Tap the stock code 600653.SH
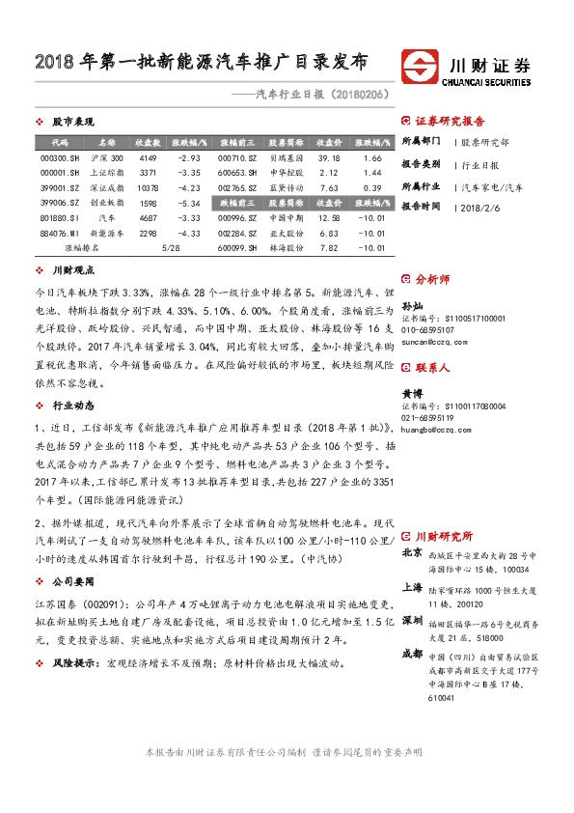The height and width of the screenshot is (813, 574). [236, 173]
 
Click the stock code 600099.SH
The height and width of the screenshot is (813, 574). [236, 248]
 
